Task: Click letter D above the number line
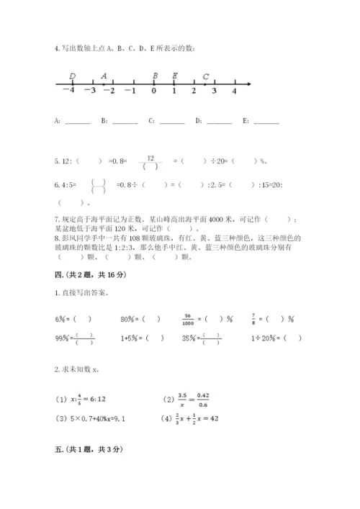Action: pos(73,76)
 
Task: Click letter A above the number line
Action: pos(104,76)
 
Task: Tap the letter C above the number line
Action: pos(206,76)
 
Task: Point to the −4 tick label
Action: pos(68,91)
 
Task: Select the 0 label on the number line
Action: pos(153,91)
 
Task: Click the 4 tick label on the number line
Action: pos(235,91)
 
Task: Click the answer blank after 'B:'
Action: pos(125,122)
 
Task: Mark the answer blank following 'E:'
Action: pos(266,122)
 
